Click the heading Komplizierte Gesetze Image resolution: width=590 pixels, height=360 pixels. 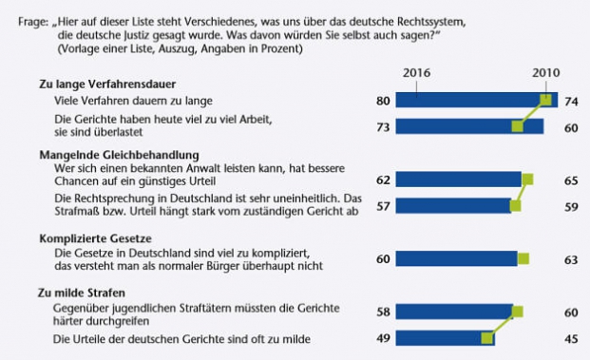[x=93, y=239]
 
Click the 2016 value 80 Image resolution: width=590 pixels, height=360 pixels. [x=383, y=99]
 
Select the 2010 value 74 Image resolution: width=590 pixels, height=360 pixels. [x=571, y=99]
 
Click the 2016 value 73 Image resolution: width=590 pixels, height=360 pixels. [x=383, y=125]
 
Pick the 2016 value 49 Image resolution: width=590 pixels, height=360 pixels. [x=383, y=337]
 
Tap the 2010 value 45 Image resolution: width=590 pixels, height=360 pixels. [x=571, y=337]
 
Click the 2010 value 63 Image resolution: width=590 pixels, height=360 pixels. [x=571, y=257]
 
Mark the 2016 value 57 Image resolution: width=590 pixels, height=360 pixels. [x=383, y=204]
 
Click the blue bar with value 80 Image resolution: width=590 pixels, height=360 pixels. [x=470, y=99]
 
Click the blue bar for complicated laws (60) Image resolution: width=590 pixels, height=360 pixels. [x=456, y=257]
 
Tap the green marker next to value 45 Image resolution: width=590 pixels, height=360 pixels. [x=487, y=336]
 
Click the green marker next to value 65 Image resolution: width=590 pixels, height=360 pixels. [x=527, y=178]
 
